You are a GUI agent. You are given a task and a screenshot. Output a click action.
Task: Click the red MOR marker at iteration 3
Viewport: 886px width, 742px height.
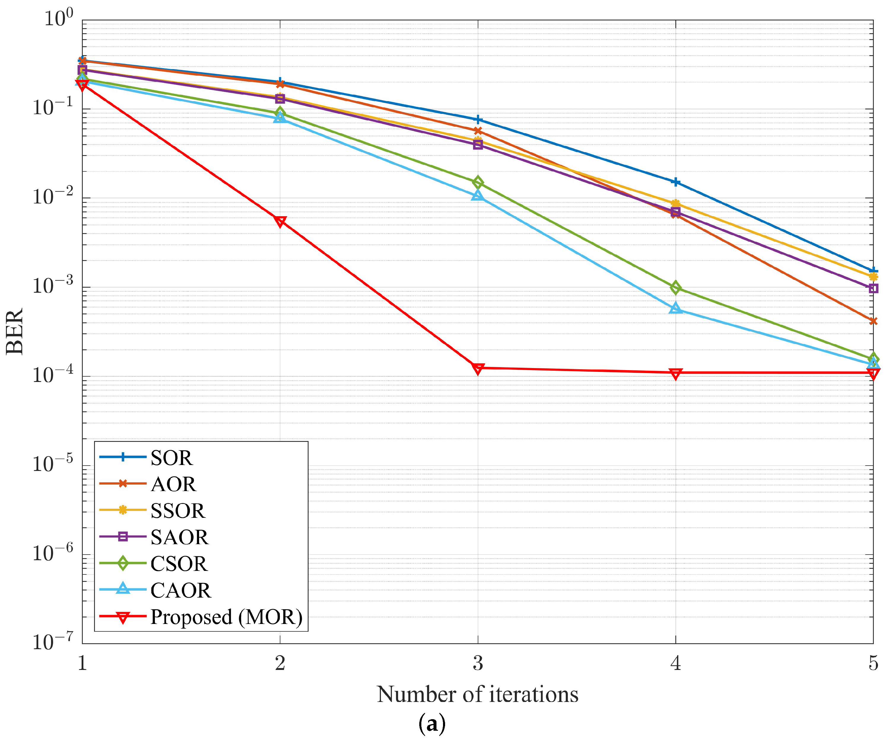478,368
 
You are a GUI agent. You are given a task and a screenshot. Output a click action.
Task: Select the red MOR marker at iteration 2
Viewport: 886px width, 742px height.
280,221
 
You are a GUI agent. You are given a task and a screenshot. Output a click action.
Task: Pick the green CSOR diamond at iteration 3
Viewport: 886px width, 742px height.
478,183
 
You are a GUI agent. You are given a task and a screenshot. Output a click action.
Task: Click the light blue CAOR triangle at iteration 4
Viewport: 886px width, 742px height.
675,308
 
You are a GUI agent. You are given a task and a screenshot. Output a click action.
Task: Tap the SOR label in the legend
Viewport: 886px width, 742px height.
171,458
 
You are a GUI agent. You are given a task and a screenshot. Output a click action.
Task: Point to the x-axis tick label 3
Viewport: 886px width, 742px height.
478,664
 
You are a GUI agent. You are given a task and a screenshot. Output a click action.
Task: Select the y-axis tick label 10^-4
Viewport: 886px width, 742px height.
53,374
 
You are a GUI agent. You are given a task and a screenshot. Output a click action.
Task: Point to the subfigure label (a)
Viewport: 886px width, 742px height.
432,724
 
